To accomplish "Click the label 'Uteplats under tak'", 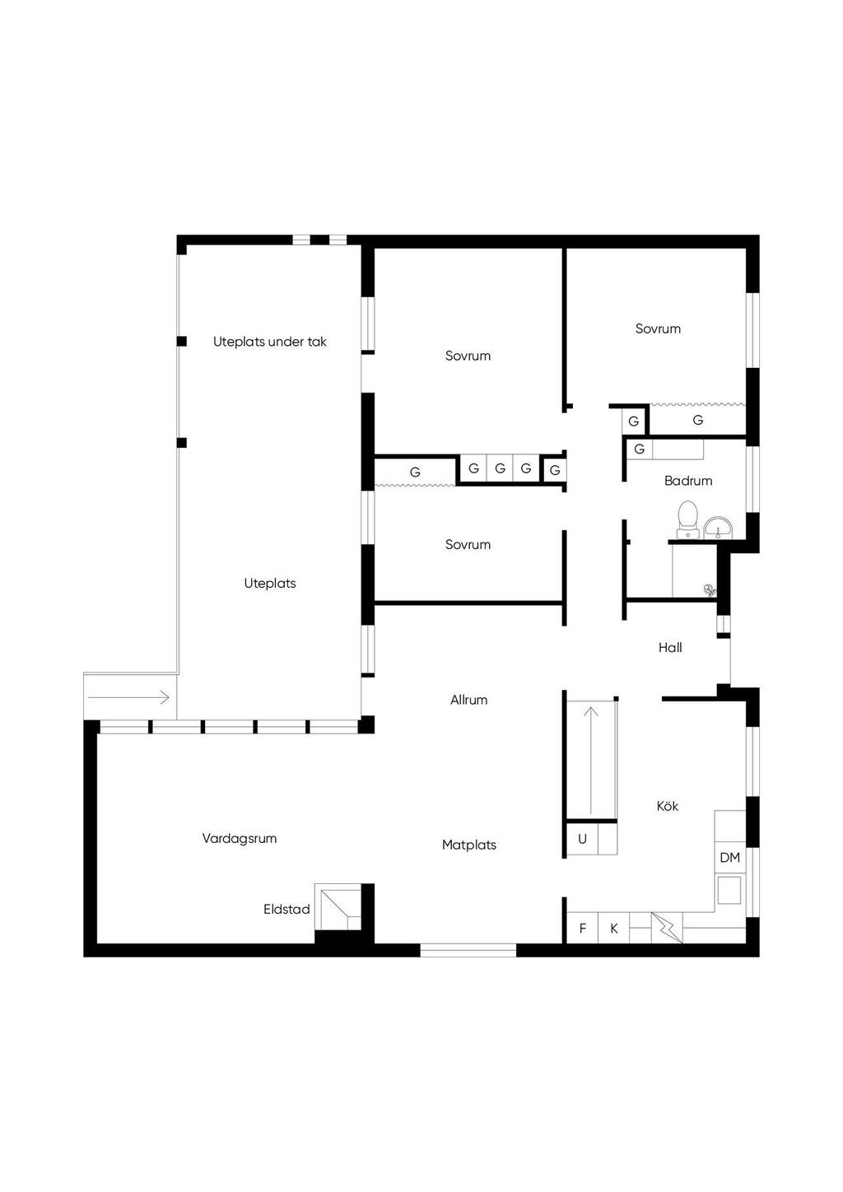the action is pyautogui.click(x=269, y=342).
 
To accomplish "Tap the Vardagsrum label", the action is pyautogui.click(x=239, y=839).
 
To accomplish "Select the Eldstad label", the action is pyautogui.click(x=286, y=910).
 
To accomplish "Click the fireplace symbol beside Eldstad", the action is pyautogui.click(x=338, y=907).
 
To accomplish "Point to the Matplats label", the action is pyautogui.click(x=469, y=845).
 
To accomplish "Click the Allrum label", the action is pyautogui.click(x=468, y=700).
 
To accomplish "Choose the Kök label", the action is pyautogui.click(x=668, y=806).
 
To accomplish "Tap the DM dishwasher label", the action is pyautogui.click(x=729, y=858).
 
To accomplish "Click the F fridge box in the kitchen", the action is pyautogui.click(x=582, y=929).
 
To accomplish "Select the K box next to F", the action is pyautogui.click(x=613, y=929).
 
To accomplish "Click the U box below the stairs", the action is pyautogui.click(x=582, y=839).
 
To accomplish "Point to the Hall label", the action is pyautogui.click(x=670, y=648).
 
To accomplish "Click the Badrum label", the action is pyautogui.click(x=688, y=481).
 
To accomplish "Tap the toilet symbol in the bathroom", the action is pyautogui.click(x=687, y=519).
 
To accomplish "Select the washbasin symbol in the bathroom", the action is pyautogui.click(x=718, y=527).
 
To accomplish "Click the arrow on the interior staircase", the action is pyautogui.click(x=591, y=761).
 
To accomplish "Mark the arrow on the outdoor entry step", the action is pyautogui.click(x=128, y=697).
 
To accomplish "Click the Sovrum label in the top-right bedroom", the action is pyautogui.click(x=658, y=328).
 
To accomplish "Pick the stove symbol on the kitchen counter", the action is pyautogui.click(x=729, y=891).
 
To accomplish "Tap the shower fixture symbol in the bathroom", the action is pyautogui.click(x=710, y=589).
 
